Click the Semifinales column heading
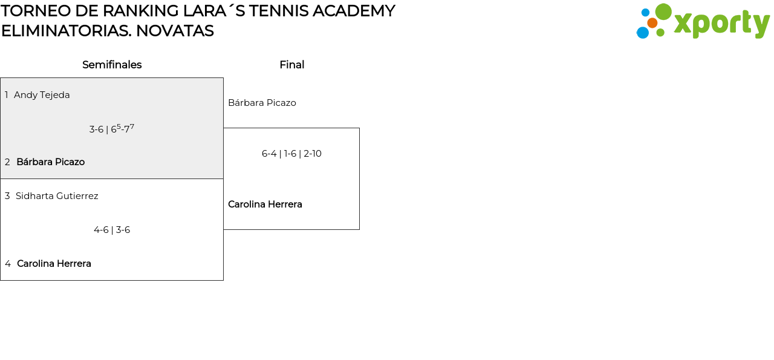point(112,65)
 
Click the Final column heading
point(291,65)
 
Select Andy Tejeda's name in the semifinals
point(42,95)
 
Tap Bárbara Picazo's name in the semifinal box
point(50,162)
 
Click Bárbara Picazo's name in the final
point(262,103)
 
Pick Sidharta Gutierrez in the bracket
point(57,196)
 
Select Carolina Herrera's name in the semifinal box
point(54,264)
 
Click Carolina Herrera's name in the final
point(265,205)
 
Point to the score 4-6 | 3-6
point(112,230)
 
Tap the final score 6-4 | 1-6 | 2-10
point(291,154)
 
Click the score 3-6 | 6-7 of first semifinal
point(112,129)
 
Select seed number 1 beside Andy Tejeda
point(7,95)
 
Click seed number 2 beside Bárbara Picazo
point(7,162)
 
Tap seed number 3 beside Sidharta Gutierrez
point(7,196)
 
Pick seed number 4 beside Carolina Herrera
point(8,264)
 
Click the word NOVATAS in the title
point(175,31)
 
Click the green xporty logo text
point(721,24)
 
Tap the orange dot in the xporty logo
point(652,23)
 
